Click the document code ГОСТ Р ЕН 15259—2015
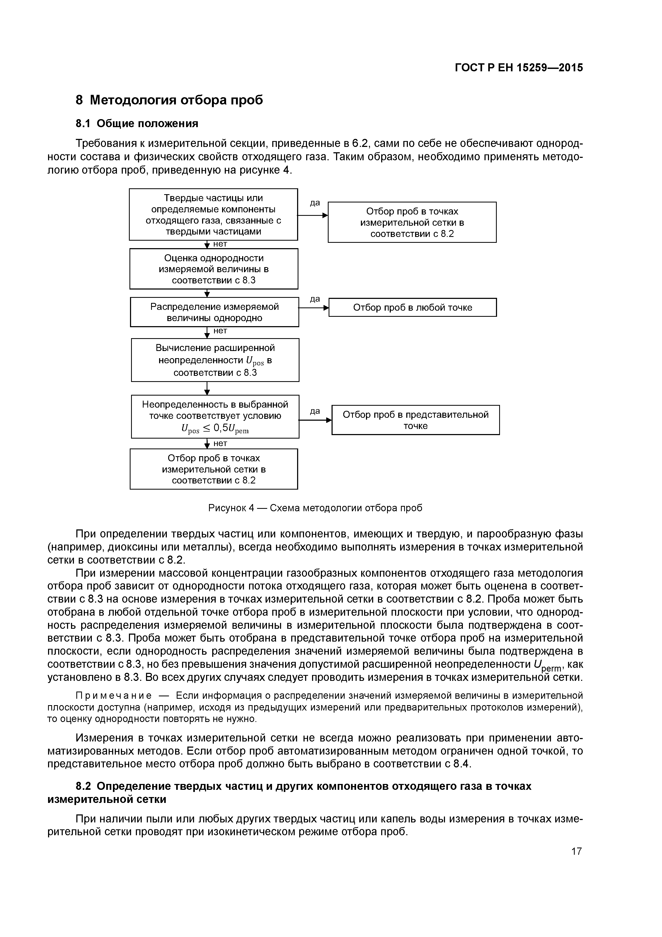tap(519, 68)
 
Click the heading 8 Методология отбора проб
tap(169, 100)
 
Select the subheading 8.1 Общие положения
tap(137, 124)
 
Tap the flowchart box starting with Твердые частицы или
tap(213, 214)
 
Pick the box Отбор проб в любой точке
tap(412, 307)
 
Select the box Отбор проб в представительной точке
tap(415, 420)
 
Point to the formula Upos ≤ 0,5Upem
tap(215, 429)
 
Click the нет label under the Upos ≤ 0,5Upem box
tap(220, 443)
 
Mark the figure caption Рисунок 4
tap(315, 508)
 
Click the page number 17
tap(576, 851)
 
